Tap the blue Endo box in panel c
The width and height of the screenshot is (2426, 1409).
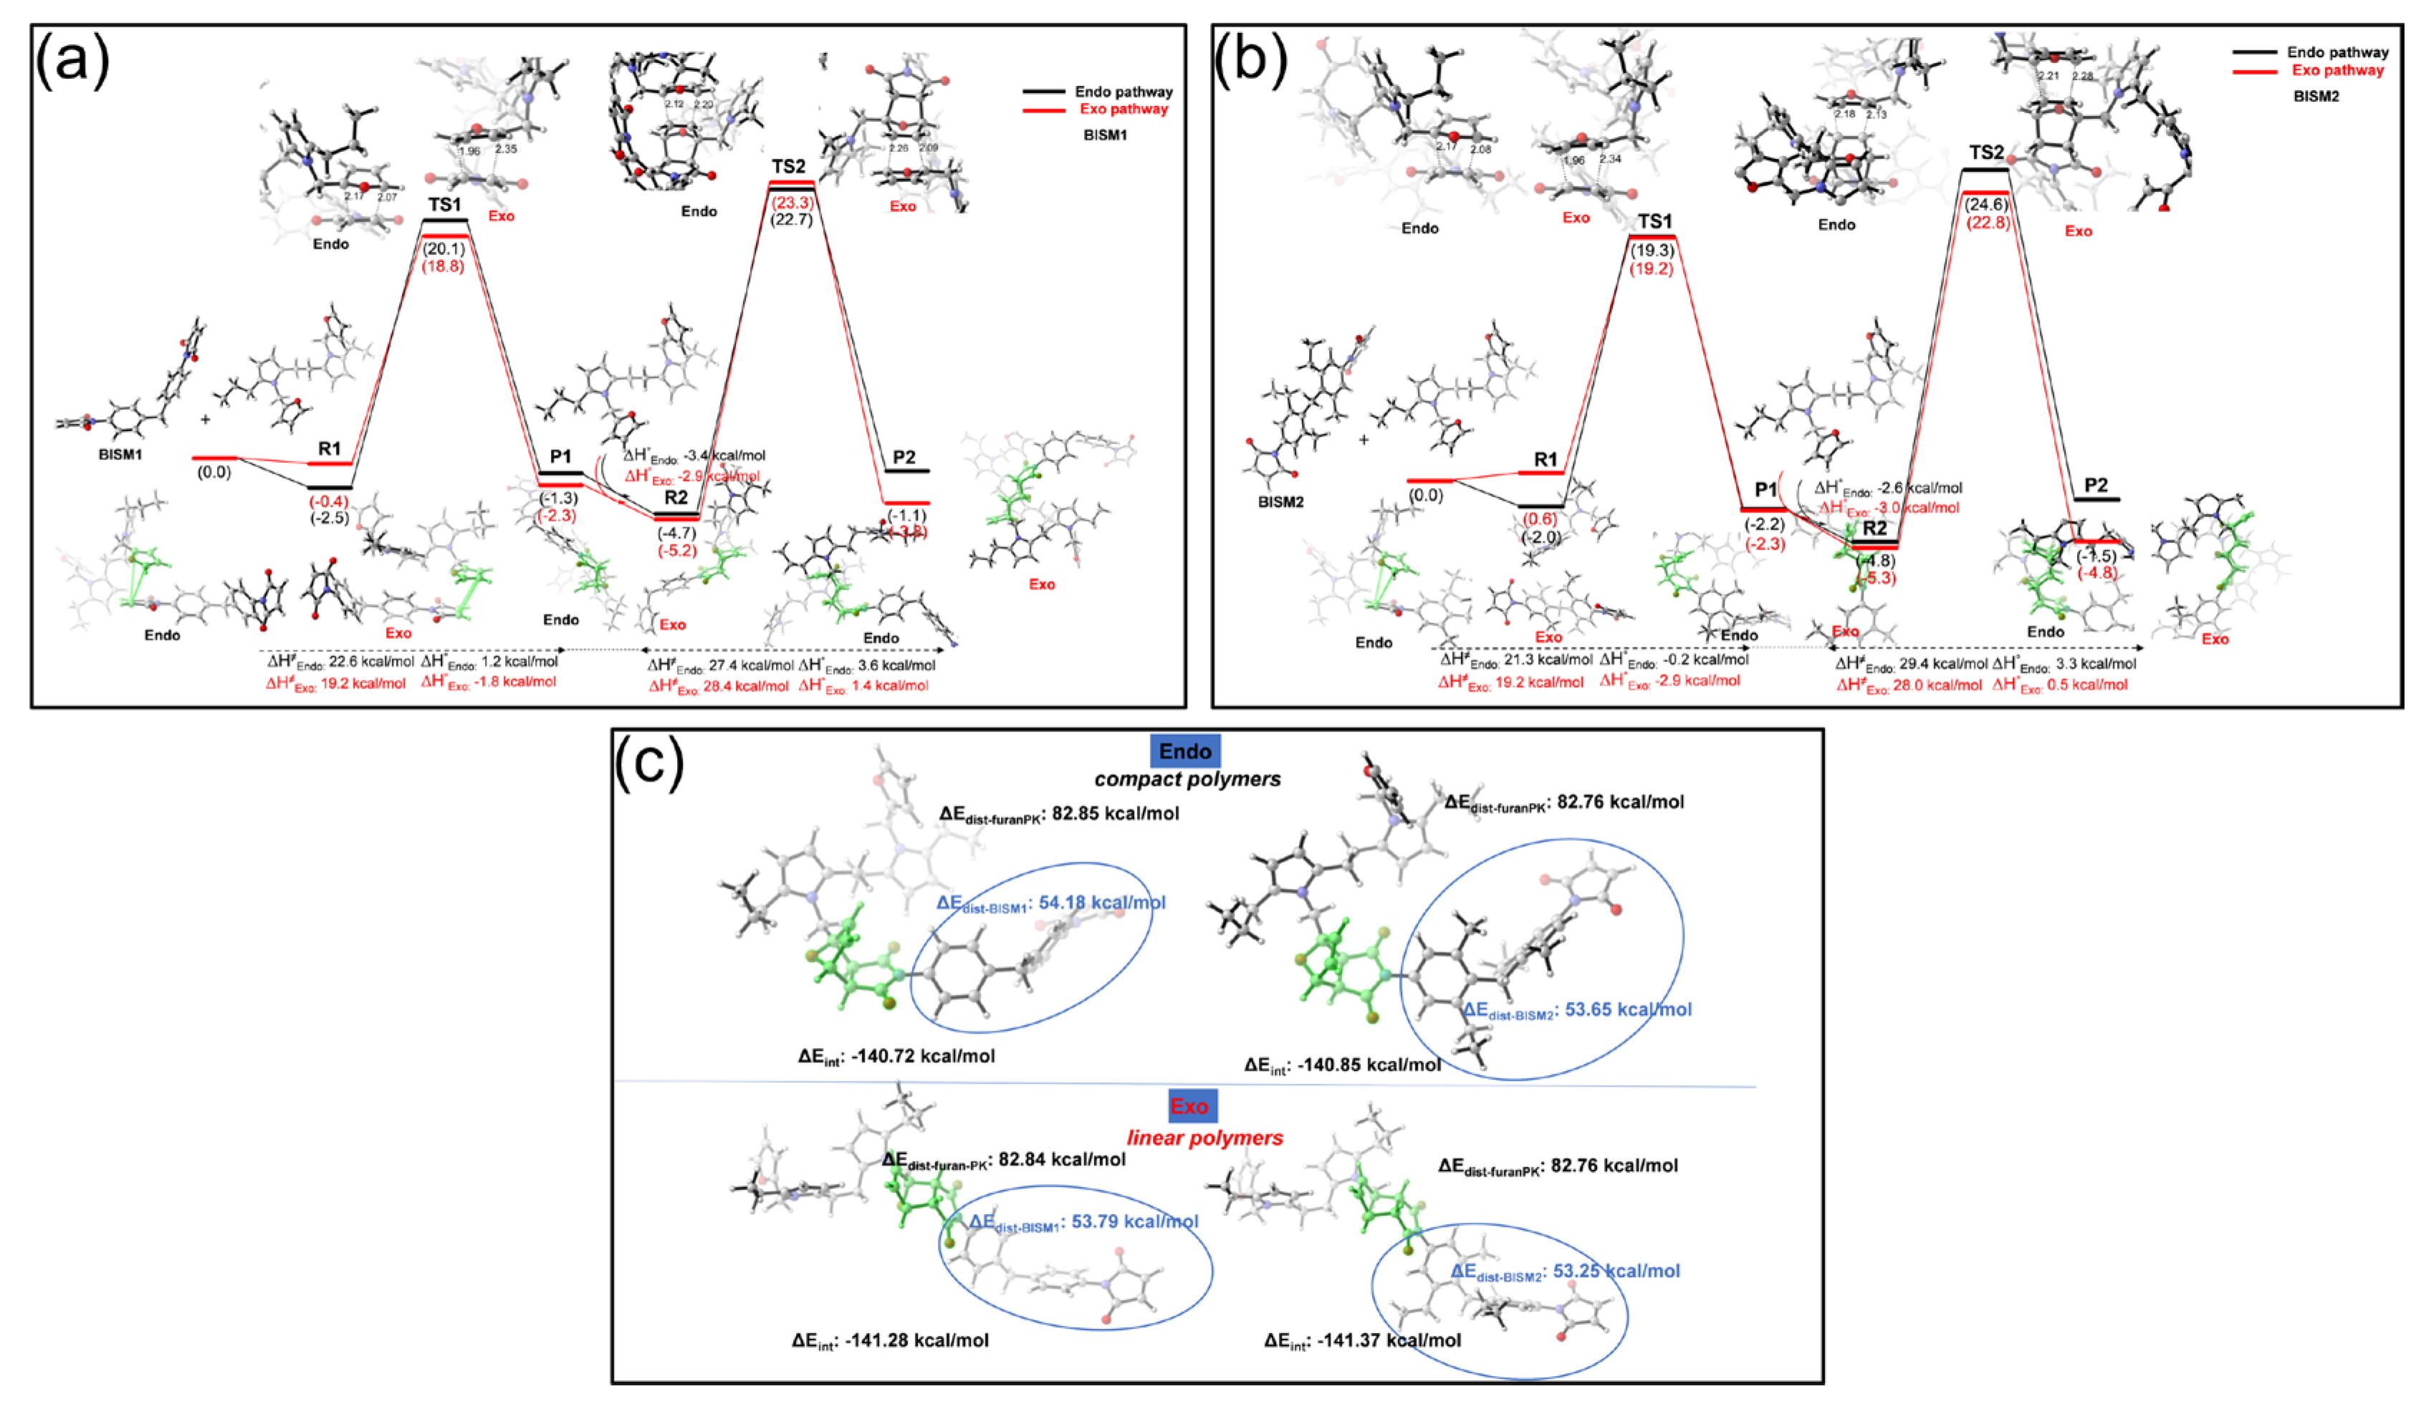tap(1185, 751)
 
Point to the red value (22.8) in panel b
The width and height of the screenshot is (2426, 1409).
tap(1987, 222)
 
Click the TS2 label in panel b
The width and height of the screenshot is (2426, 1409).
tap(1986, 152)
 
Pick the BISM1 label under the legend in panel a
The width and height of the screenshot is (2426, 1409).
tap(1106, 135)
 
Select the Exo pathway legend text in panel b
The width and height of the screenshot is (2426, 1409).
tap(2337, 70)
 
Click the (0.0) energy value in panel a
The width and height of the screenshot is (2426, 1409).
tap(214, 473)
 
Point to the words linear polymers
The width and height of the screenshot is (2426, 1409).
tap(1204, 1138)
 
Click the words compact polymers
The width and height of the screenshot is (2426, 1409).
tap(1187, 779)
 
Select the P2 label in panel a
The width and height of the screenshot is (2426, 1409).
tap(904, 457)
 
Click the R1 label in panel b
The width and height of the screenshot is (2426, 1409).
tap(1545, 460)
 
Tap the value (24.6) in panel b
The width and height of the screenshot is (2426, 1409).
tap(1987, 204)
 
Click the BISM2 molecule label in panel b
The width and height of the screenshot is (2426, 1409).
tap(1280, 502)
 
